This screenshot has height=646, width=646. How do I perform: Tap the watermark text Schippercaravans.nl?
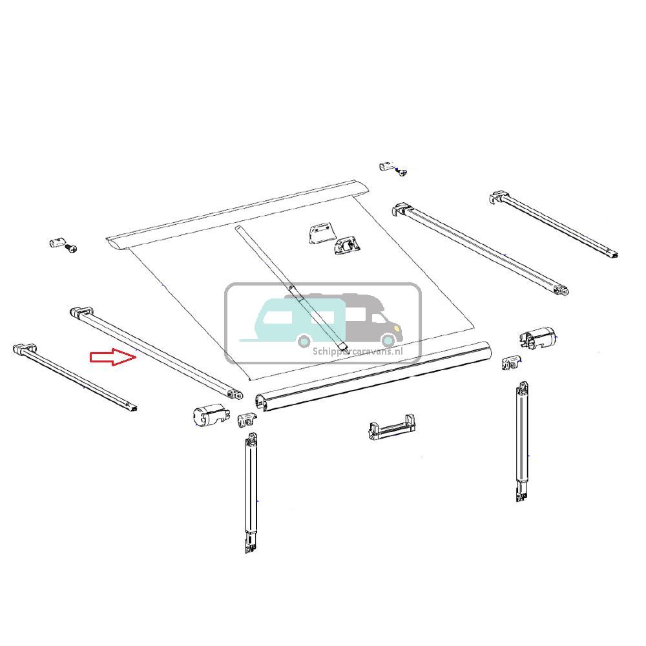click(x=357, y=351)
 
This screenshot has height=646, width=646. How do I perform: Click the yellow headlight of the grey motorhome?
click(x=388, y=340)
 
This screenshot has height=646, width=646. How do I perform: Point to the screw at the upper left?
click(x=72, y=248)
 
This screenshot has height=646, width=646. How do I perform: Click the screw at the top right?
click(x=402, y=171)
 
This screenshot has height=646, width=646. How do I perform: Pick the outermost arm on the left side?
click(x=74, y=379)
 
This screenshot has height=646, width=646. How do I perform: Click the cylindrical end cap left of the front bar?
click(x=208, y=416)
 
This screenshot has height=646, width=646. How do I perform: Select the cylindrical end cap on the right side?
click(x=537, y=338)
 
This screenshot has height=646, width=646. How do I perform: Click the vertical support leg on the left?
click(x=251, y=491)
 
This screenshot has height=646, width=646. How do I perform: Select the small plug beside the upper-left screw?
click(x=56, y=243)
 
